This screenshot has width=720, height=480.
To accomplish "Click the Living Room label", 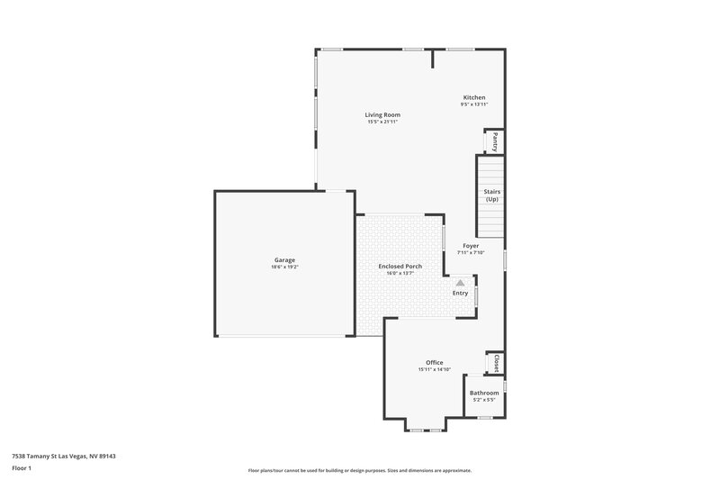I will pos(382,115).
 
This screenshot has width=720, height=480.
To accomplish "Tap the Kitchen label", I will pos(474,97).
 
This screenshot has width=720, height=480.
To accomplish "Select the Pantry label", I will pos(494,141).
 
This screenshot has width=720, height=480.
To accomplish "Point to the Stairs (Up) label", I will pos(491,195).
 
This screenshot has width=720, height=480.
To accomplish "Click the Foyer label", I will pos(471,245).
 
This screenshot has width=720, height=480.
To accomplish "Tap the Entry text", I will pos(460,293).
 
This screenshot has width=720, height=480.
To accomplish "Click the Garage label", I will pos(284,260).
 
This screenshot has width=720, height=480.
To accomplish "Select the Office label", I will pos(435,362).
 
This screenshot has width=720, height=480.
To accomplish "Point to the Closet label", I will pos(496,363).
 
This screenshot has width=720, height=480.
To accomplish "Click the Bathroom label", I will pos(484,393).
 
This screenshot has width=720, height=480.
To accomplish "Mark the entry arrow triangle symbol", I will pos(460,282).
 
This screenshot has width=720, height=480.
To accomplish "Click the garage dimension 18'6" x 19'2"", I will pos(284,267).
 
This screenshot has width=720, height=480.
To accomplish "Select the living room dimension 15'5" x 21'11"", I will pos(382,122).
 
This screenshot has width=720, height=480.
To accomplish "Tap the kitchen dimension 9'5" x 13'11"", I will pos(474,104).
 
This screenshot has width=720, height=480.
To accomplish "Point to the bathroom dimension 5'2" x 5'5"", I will pos(484,400).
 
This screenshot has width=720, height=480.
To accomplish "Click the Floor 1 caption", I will pos(22,468).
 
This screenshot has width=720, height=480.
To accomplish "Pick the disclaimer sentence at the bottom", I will pos(360,470).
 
